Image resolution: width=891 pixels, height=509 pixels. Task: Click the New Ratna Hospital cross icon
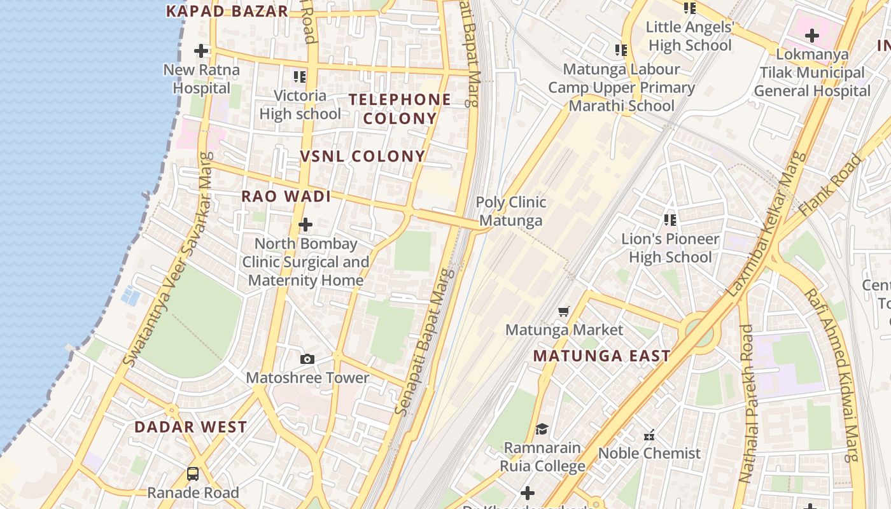coord(201,50)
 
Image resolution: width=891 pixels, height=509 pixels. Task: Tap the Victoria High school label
coord(300,105)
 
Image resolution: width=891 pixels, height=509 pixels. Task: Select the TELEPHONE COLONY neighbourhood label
coord(400,109)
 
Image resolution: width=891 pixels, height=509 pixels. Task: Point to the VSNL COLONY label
coord(363,157)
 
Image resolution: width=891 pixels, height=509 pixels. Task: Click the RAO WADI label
coord(286,197)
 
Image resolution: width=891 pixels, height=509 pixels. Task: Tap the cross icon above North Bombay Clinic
coord(305,225)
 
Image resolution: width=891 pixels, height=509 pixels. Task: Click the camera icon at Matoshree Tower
coord(307,359)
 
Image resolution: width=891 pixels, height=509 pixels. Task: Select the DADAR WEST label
coord(190,427)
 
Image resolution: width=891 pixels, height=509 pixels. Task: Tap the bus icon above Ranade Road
coord(193,474)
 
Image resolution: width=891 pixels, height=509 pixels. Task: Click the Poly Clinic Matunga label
coord(511,211)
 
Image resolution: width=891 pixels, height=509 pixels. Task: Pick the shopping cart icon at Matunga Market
coord(563,312)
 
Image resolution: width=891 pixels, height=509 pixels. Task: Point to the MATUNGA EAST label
coord(601,356)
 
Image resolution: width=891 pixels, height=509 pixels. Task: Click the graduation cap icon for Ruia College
coord(542,429)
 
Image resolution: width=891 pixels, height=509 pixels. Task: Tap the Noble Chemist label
coord(649,454)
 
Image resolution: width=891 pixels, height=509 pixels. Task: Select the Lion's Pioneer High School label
coord(670,248)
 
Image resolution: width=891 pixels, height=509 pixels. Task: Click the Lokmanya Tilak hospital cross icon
coord(811,36)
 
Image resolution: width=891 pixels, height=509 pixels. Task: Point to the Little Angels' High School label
coord(690,36)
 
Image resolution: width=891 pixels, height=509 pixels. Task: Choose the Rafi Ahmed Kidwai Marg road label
coord(834,375)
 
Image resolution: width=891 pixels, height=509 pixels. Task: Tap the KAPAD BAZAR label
coord(227,11)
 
